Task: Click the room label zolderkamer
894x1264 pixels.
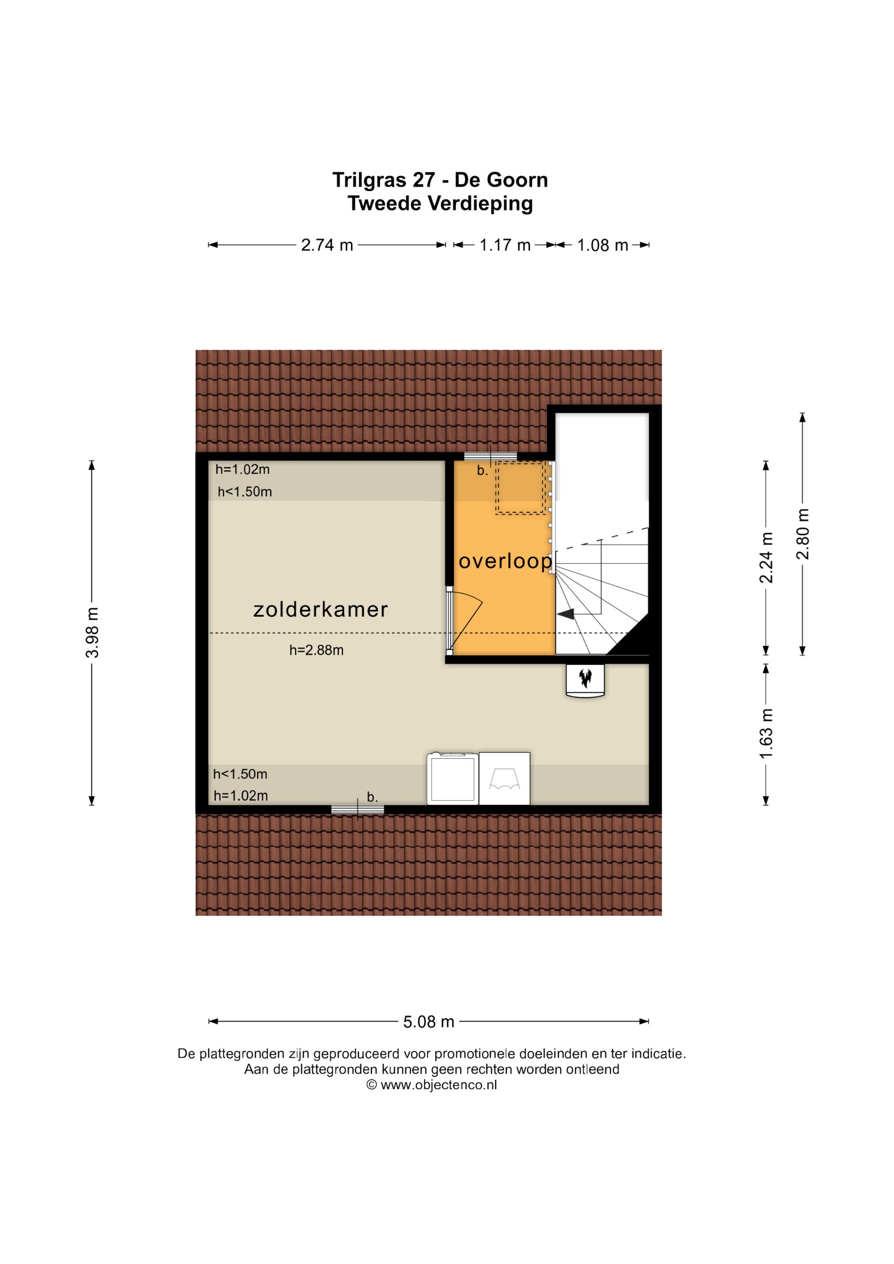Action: [x=320, y=609]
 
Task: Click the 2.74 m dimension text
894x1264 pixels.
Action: [x=327, y=245]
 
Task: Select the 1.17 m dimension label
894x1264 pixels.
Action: [x=505, y=245]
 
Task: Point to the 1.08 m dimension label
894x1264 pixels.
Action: [x=602, y=245]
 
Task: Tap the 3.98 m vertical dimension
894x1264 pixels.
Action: [x=92, y=632]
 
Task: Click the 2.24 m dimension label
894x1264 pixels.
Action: [x=766, y=557]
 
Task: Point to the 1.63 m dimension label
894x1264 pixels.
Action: [x=766, y=734]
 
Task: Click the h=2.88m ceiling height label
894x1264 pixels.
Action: [x=316, y=650]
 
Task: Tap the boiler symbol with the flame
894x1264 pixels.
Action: [x=585, y=681]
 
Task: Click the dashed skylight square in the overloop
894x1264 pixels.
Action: [x=521, y=488]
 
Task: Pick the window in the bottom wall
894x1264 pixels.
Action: [x=357, y=809]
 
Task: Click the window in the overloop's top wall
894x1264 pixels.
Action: [x=491, y=456]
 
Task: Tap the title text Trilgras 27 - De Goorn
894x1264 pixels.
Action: [x=440, y=180]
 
